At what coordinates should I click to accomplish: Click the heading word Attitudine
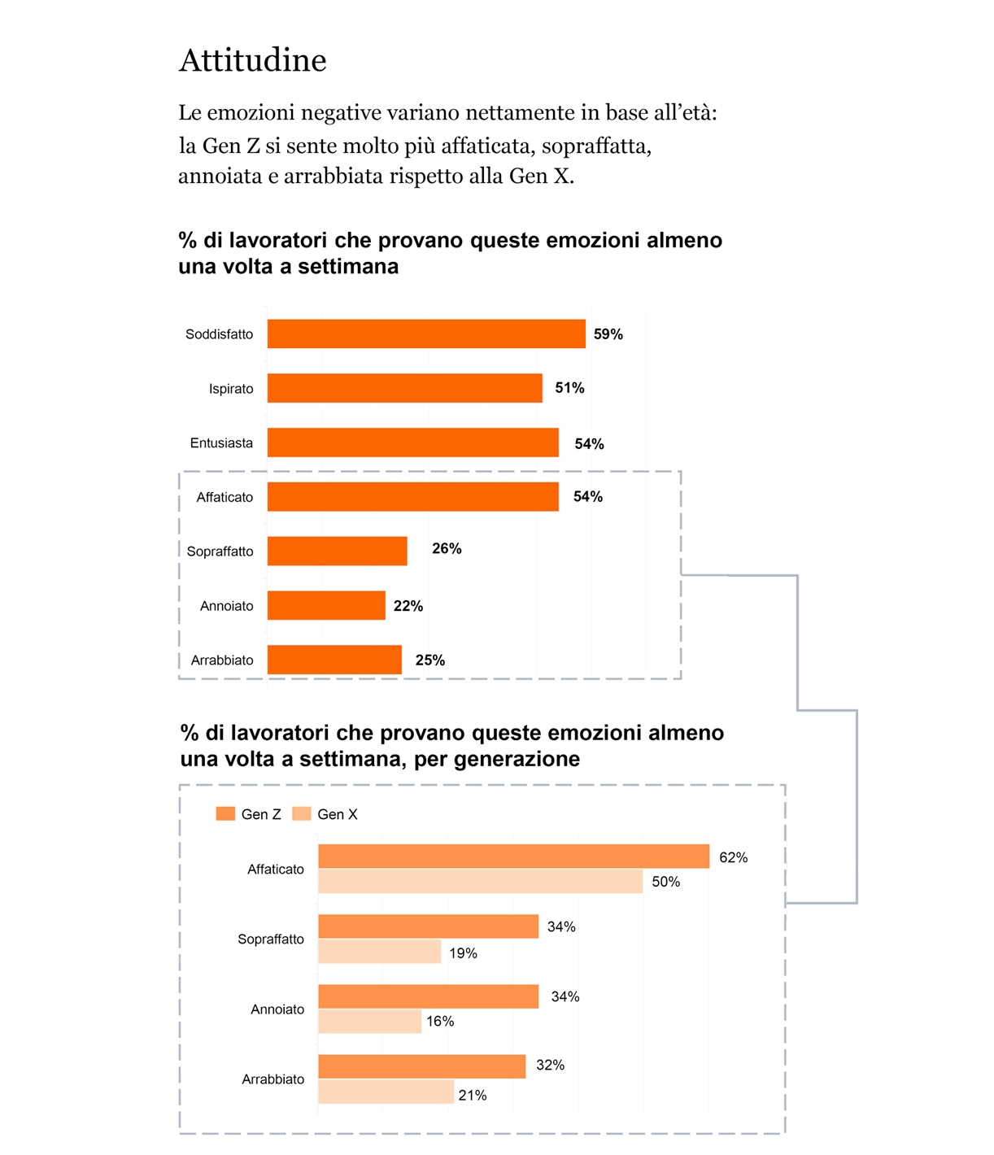point(252,61)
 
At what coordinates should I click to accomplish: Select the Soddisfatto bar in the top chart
point(426,334)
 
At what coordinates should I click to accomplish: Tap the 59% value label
point(608,334)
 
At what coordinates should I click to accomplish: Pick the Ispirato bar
point(404,388)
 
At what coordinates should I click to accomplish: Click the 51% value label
point(569,388)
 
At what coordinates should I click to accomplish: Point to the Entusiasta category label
point(221,443)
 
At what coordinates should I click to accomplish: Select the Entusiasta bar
point(412,442)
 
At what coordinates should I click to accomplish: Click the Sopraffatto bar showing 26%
point(337,551)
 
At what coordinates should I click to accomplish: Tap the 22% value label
point(408,606)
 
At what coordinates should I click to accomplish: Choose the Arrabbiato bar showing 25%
point(334,660)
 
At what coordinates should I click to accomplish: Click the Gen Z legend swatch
point(225,814)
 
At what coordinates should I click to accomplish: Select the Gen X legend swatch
point(302,814)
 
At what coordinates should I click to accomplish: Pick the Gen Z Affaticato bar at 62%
point(513,856)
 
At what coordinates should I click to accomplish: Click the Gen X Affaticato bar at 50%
point(480,882)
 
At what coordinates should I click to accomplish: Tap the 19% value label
point(463,953)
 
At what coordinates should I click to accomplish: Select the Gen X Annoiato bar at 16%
point(369,1022)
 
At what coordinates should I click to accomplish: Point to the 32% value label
point(550,1066)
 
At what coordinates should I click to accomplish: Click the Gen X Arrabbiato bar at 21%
point(386,1092)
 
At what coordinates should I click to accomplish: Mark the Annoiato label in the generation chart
point(277,1009)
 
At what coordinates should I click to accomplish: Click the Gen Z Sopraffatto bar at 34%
point(428,926)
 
